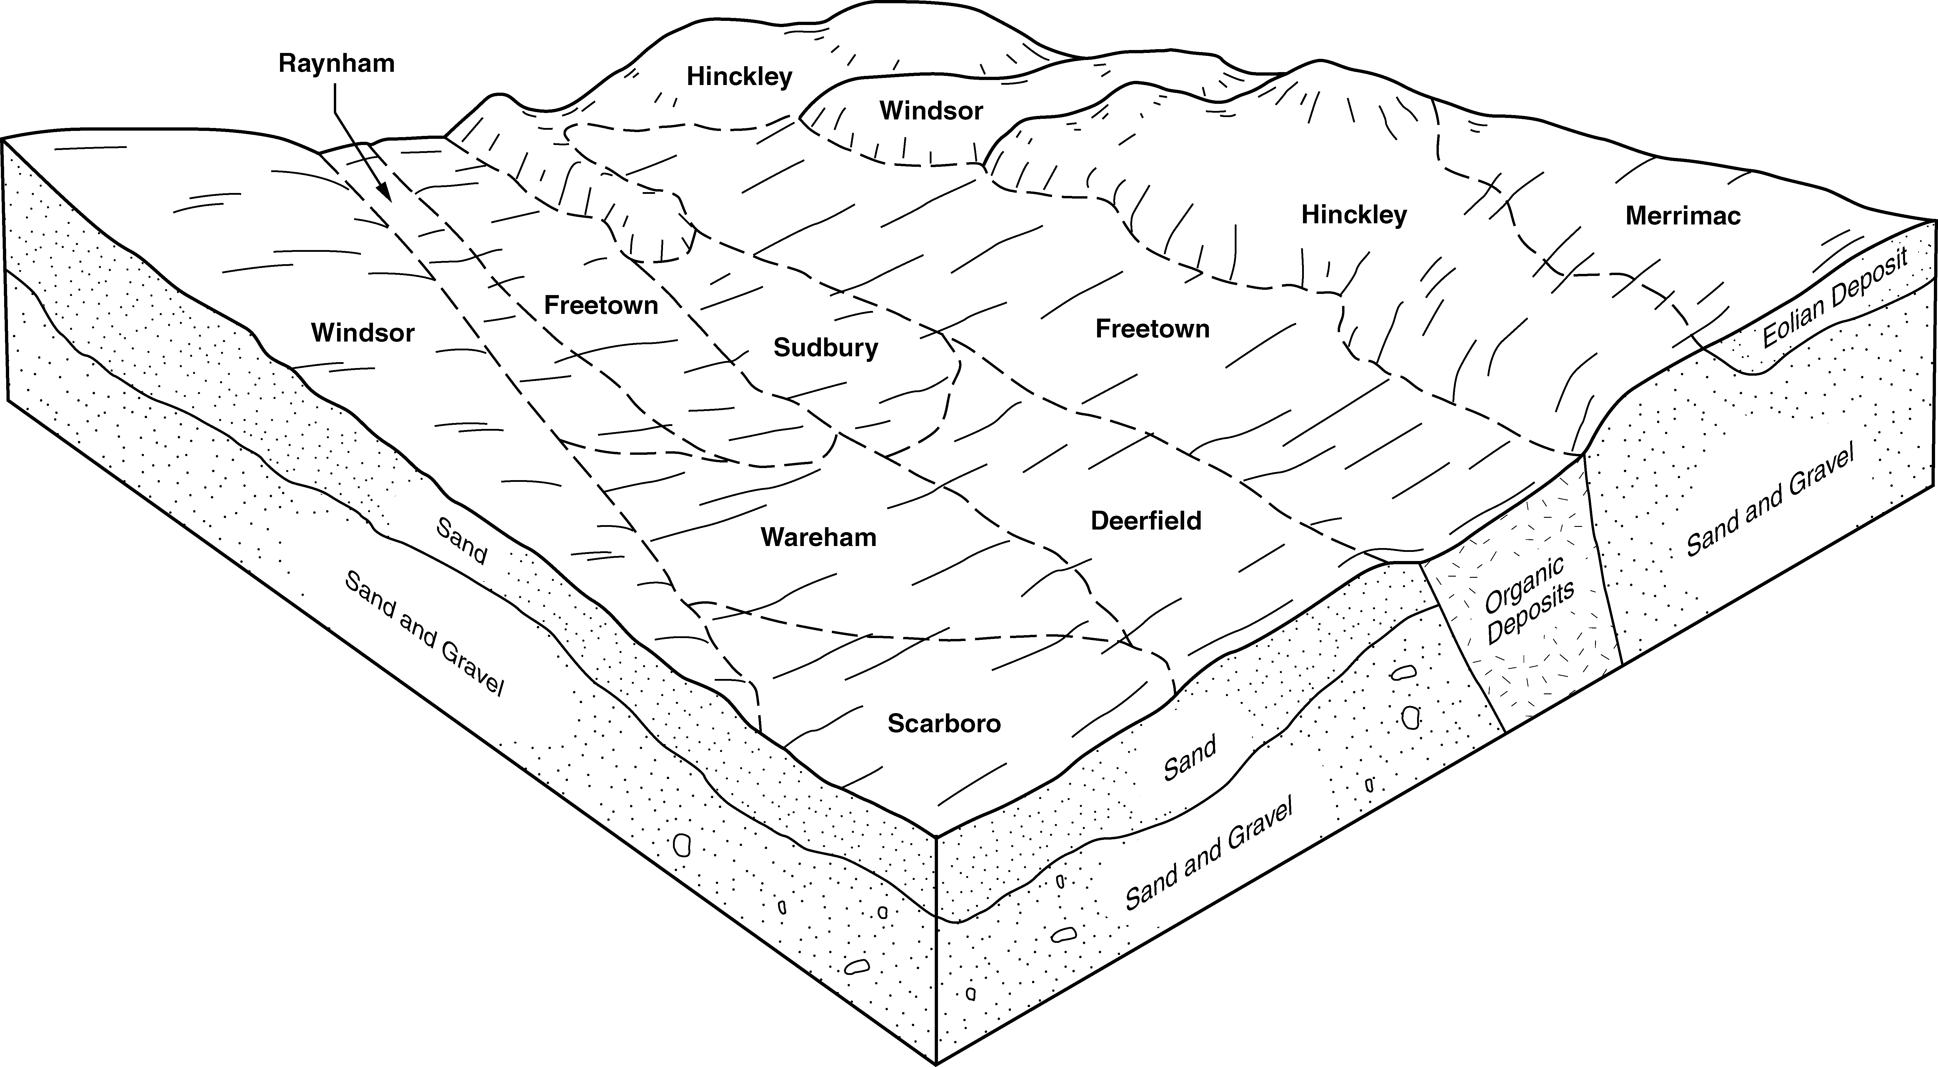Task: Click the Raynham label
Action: click(x=336, y=63)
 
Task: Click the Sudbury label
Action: click(x=825, y=348)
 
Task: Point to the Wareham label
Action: click(x=819, y=537)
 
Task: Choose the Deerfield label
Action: click(x=1146, y=521)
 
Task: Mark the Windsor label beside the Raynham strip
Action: click(x=363, y=333)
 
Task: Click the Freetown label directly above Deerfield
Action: click(x=1152, y=329)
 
